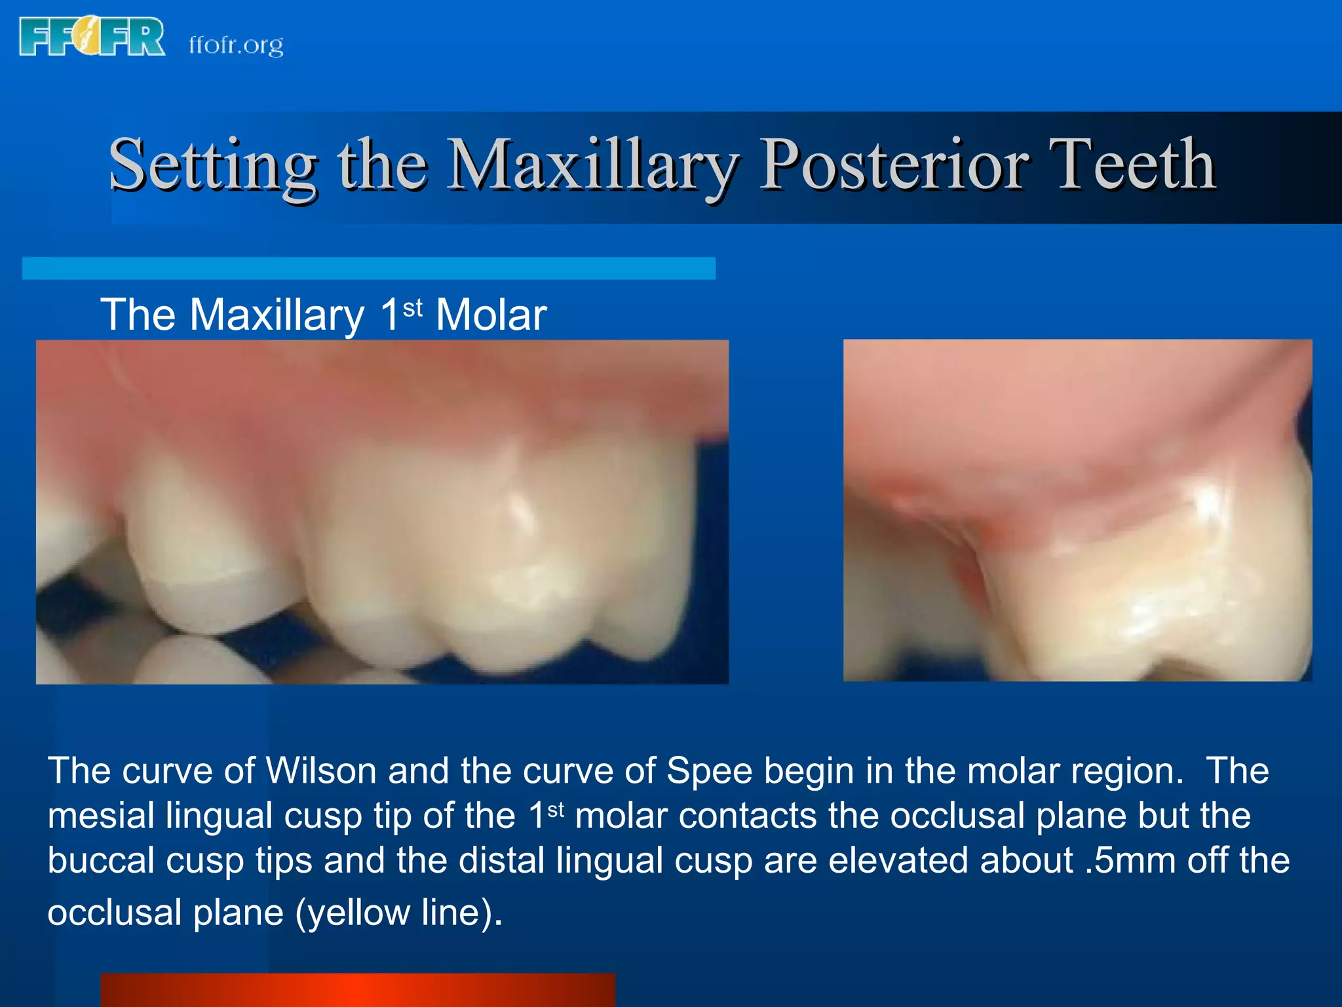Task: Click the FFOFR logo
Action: (x=92, y=37)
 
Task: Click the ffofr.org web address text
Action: (x=236, y=45)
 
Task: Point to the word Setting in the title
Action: (x=213, y=165)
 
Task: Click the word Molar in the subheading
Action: (x=491, y=315)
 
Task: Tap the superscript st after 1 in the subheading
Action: (x=413, y=307)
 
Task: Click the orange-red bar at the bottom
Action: (x=357, y=989)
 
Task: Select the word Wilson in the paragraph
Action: (x=320, y=771)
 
